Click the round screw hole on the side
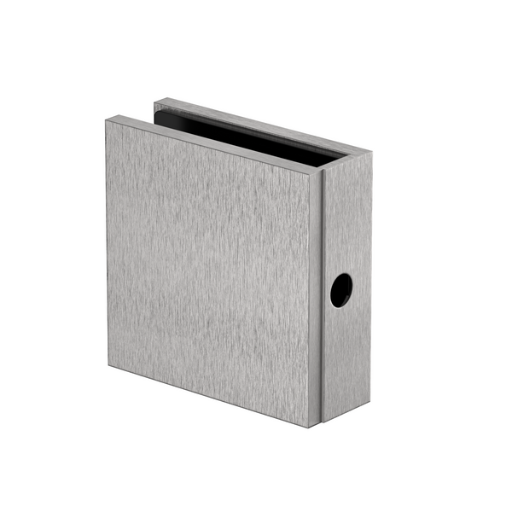click(341, 290)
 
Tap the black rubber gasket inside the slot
click(247, 137)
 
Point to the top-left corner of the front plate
click(107, 120)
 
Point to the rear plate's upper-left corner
click(155, 102)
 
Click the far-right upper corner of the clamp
click(372, 154)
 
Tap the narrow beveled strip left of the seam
click(317, 299)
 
